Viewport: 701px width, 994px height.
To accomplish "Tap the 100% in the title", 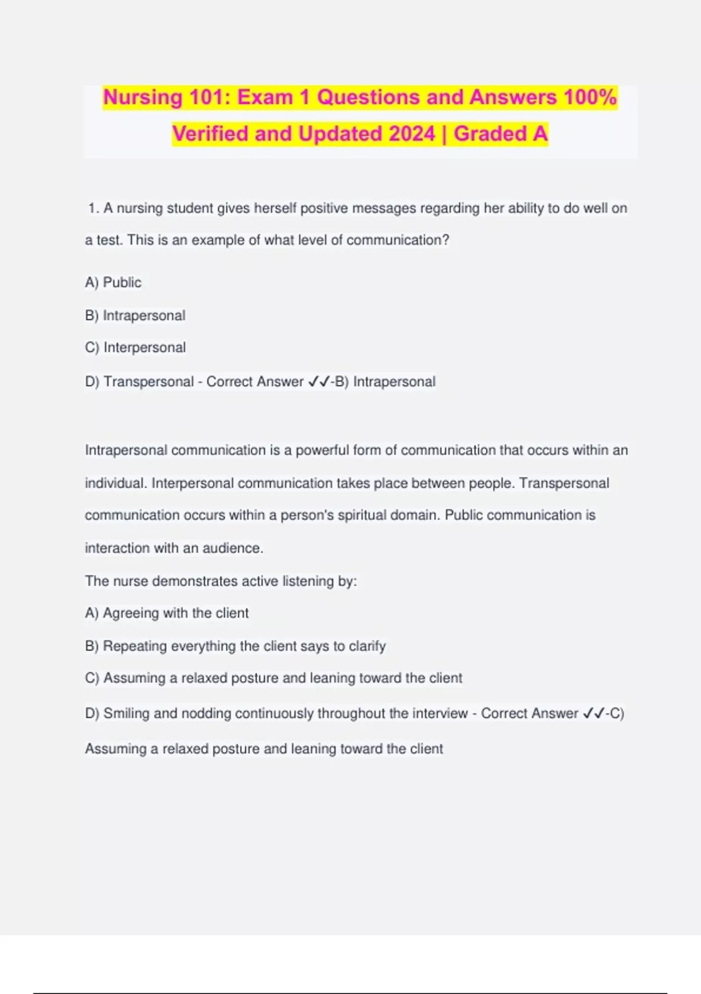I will point(590,97).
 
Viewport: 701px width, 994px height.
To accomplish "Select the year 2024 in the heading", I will point(412,134).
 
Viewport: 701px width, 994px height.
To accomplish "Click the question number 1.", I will point(93,208).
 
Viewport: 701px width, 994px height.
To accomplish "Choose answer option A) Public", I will point(113,282).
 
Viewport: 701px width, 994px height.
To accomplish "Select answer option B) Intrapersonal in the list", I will point(135,316).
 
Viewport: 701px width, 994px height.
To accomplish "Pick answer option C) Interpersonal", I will point(135,347).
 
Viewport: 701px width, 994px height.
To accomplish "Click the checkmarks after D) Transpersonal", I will point(318,382).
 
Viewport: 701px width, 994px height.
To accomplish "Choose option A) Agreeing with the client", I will point(166,613).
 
